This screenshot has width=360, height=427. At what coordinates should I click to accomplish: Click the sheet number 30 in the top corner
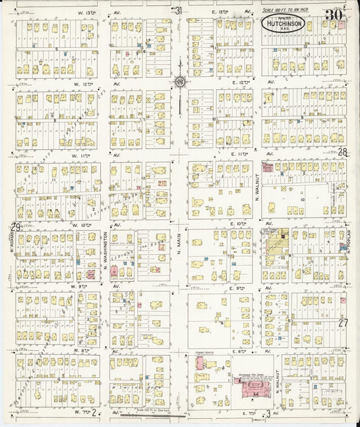(333, 15)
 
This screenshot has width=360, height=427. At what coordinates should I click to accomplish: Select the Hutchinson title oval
(283, 24)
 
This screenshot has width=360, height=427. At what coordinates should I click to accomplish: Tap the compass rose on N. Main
(180, 82)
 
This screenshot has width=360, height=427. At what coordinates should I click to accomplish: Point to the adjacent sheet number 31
(178, 11)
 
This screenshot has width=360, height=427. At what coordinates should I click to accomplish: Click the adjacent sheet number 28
(342, 153)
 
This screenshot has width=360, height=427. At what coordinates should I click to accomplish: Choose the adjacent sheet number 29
(14, 227)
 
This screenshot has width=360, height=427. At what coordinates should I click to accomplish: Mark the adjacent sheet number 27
(343, 323)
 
